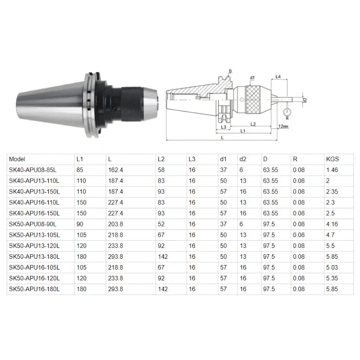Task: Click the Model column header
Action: tap(17, 159)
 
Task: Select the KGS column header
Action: tap(332, 159)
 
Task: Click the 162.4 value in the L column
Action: tap(115, 170)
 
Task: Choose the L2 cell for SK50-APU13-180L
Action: tap(162, 256)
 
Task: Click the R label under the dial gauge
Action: tap(286, 119)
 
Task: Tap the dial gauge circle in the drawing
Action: tap(286, 111)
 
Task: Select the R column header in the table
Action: tap(295, 159)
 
